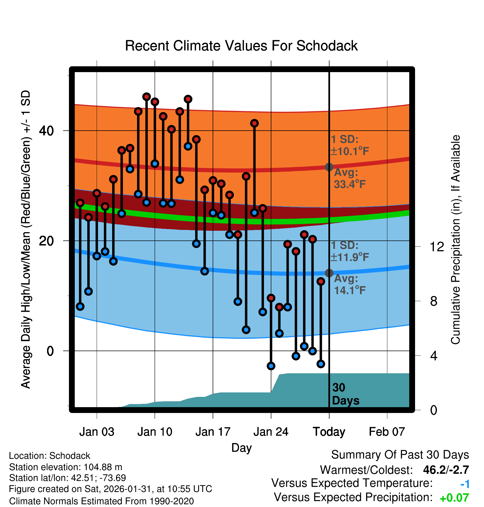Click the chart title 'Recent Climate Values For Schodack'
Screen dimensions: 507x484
(241, 46)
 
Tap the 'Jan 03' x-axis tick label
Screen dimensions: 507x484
(97, 432)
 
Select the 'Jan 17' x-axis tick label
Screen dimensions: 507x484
(213, 432)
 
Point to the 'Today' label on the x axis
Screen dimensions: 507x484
(329, 432)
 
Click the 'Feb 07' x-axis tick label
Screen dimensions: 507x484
(387, 432)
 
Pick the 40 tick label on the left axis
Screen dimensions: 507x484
(46, 131)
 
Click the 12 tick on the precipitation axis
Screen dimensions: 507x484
(437, 247)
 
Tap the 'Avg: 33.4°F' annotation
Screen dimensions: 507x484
(350, 178)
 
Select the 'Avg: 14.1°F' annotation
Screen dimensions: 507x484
(350, 284)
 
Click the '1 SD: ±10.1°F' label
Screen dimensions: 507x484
(349, 145)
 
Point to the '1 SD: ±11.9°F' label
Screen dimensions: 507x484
(349, 251)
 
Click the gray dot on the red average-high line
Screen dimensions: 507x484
(329, 167)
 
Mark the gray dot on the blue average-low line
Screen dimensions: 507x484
(329, 273)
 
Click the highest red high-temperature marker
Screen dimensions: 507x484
(146, 97)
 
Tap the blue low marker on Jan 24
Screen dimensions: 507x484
(271, 366)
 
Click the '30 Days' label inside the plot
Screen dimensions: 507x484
(345, 394)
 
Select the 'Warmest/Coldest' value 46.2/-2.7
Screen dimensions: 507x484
(446, 470)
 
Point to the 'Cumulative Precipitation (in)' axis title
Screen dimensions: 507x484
(455, 240)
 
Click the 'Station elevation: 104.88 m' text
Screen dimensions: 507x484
(66, 467)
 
